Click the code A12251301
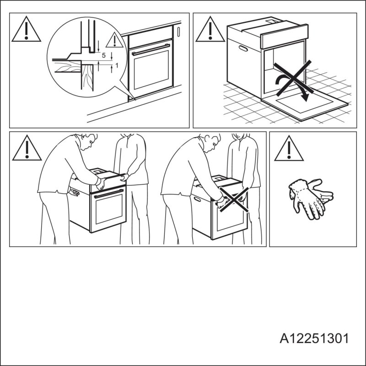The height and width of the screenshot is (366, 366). pyautogui.click(x=315, y=339)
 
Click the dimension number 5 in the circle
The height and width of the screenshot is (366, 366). pyautogui.click(x=103, y=55)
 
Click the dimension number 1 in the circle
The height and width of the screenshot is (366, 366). pyautogui.click(x=117, y=65)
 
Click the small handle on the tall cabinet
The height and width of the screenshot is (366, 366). pyautogui.click(x=178, y=32)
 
